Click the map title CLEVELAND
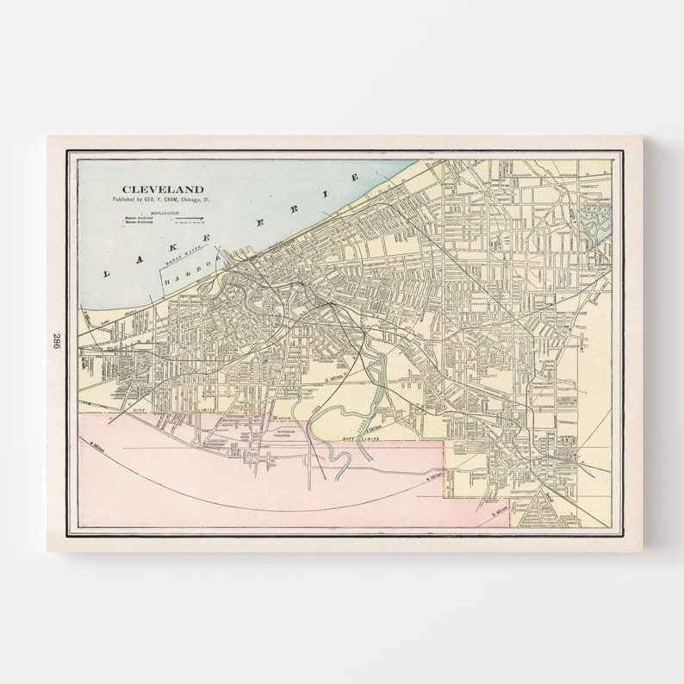163,189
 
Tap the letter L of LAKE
108,273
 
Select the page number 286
58,341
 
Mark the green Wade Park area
595,219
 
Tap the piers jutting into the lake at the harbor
226,263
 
